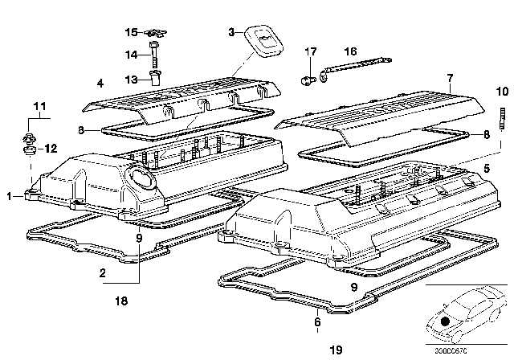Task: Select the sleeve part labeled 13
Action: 156,77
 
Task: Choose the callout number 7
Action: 451,78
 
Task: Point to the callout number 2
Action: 102,273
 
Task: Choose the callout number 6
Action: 318,322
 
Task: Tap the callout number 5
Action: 487,170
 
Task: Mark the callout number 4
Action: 100,83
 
